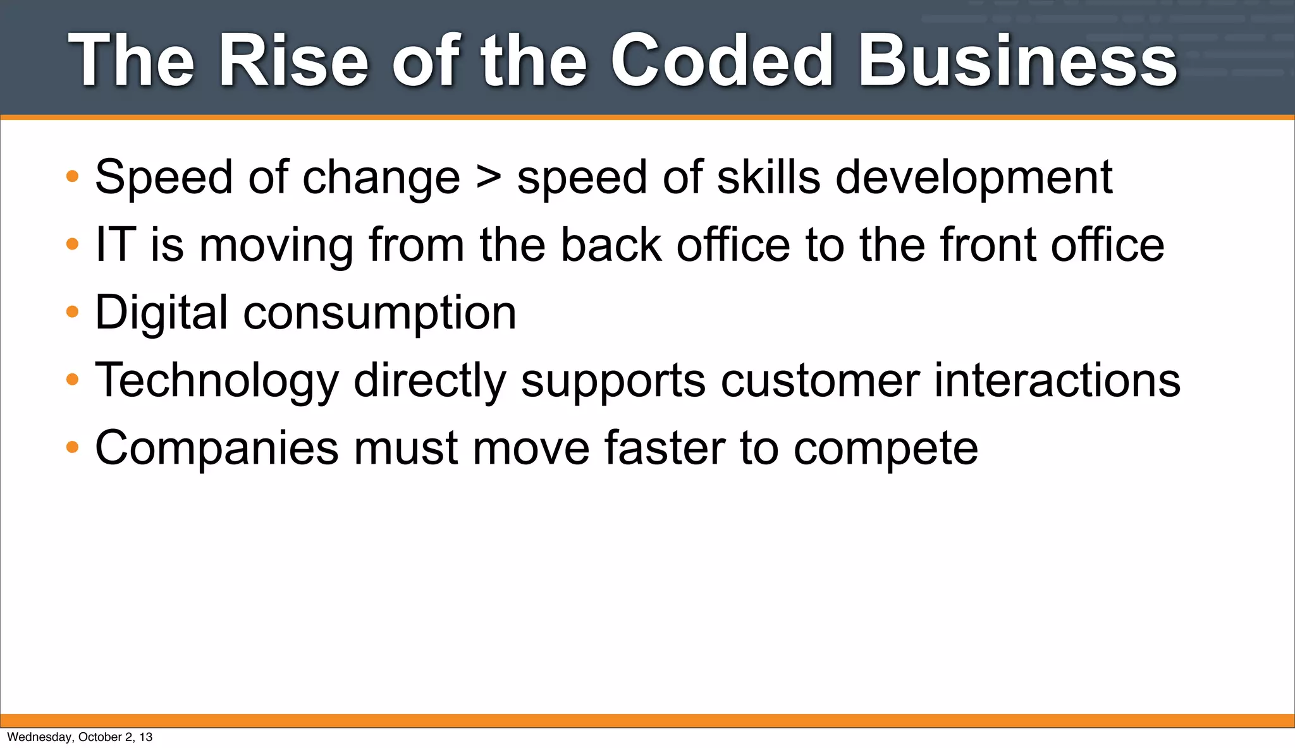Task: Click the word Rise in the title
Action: [293, 61]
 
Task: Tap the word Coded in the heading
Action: [721, 61]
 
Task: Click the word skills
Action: [769, 177]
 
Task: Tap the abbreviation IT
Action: [116, 244]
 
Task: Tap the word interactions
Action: [1057, 380]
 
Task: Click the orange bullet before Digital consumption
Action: [73, 311]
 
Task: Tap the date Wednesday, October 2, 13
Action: [80, 737]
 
